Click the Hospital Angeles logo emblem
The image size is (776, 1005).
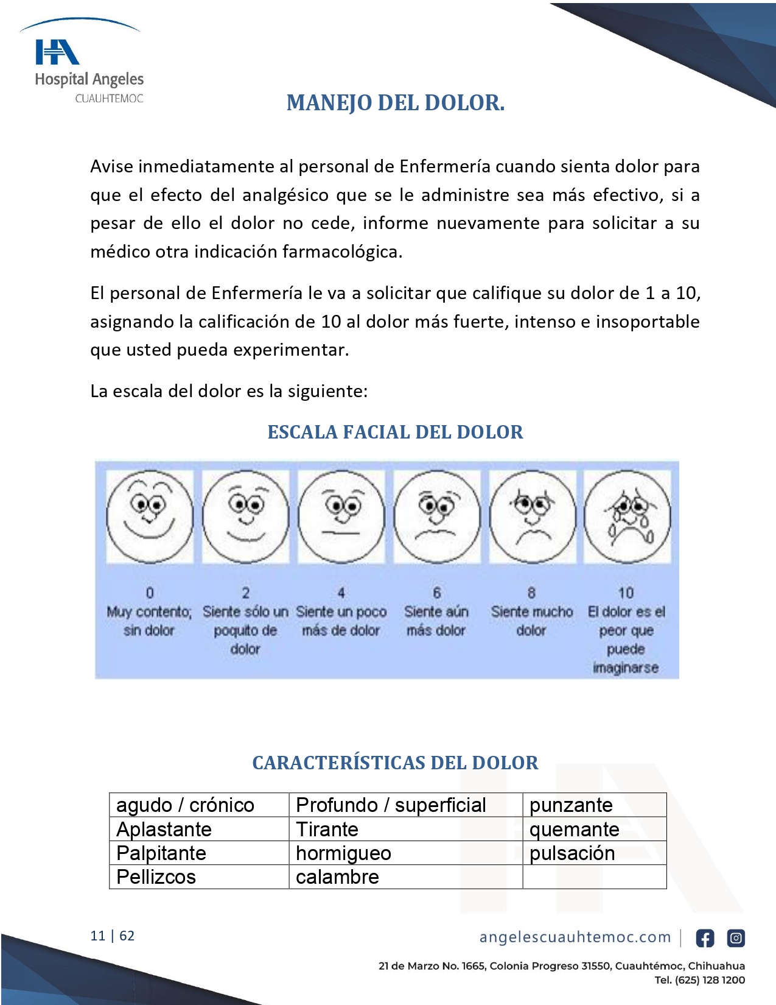[x=57, y=52]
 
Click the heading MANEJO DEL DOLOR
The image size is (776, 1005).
[x=396, y=103]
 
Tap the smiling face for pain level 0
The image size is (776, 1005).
[x=150, y=516]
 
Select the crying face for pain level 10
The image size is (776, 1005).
[x=627, y=516]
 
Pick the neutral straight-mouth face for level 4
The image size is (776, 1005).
[x=341, y=516]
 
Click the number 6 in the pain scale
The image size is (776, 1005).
[x=436, y=593]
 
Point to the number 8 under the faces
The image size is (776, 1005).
[x=531, y=593]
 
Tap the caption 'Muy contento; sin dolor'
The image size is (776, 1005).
[x=149, y=621]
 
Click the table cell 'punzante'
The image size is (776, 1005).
[x=571, y=805]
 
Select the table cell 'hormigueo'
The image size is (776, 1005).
[x=343, y=853]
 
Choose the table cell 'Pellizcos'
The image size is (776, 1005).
[x=156, y=877]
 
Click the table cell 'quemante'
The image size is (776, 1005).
[x=574, y=830]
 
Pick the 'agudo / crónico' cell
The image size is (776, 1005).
[x=185, y=805]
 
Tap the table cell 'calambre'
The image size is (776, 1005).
[x=337, y=877]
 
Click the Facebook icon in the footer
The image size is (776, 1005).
[x=705, y=938]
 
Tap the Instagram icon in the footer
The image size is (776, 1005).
[x=736, y=938]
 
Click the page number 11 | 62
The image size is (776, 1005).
[x=113, y=936]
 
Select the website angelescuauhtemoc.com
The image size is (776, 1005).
[x=575, y=937]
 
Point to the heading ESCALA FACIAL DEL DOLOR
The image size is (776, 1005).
[x=396, y=432]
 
